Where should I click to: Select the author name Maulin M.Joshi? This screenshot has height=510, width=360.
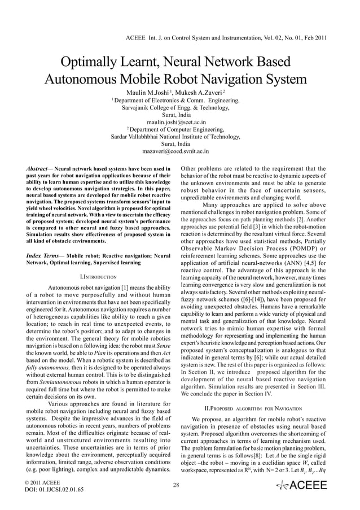[x=149, y=93]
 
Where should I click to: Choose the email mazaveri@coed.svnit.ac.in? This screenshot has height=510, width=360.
[x=176, y=151]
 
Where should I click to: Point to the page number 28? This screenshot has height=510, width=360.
[x=176, y=485]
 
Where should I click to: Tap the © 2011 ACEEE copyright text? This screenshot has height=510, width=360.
[x=42, y=482]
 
